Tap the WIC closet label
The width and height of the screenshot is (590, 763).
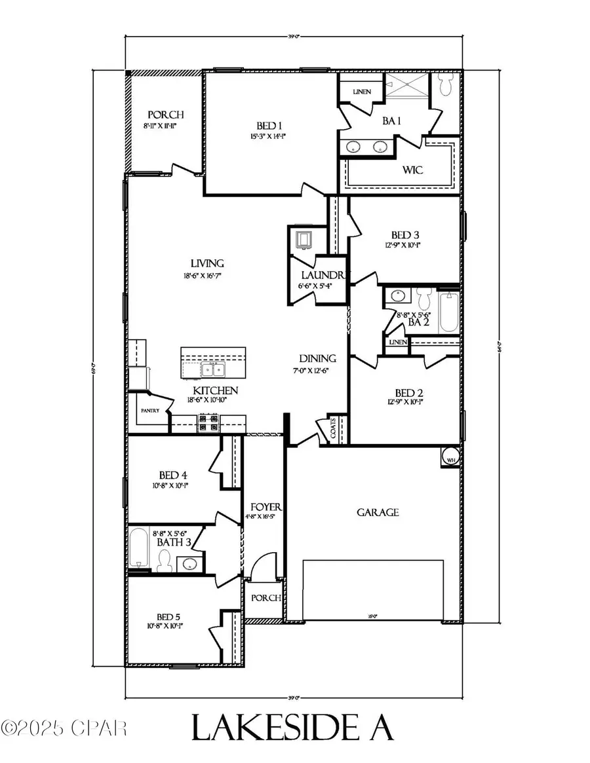pyautogui.click(x=413, y=170)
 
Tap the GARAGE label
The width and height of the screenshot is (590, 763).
pyautogui.click(x=378, y=512)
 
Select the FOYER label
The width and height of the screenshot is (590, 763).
pyautogui.click(x=265, y=507)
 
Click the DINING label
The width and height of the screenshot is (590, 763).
pyautogui.click(x=318, y=358)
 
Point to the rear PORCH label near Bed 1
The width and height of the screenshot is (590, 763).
pyautogui.click(x=165, y=114)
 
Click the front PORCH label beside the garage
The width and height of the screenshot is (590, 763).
pyautogui.click(x=264, y=598)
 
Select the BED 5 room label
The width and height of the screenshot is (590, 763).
pyautogui.click(x=168, y=617)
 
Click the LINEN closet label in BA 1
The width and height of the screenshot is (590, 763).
pyautogui.click(x=361, y=92)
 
